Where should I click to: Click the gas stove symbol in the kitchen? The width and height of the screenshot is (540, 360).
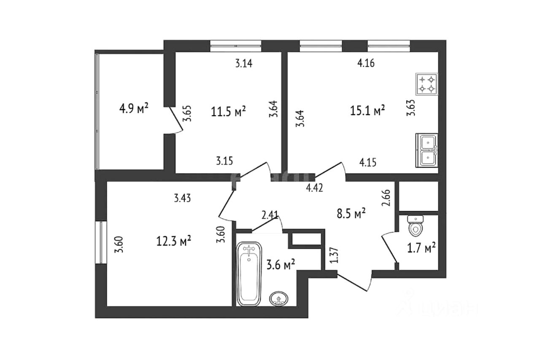427,84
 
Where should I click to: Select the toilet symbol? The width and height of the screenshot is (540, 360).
416,226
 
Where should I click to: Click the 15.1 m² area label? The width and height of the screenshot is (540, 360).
367,110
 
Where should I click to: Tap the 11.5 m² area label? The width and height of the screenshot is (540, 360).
228,112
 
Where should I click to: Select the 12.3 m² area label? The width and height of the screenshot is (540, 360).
174,241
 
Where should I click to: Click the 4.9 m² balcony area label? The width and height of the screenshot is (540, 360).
133,109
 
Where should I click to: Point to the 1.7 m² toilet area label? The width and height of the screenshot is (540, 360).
421,249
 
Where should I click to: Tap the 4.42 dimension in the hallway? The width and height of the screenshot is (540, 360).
314,188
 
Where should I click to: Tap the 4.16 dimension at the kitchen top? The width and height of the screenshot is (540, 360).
366,64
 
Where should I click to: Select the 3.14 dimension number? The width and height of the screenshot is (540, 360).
243,64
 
